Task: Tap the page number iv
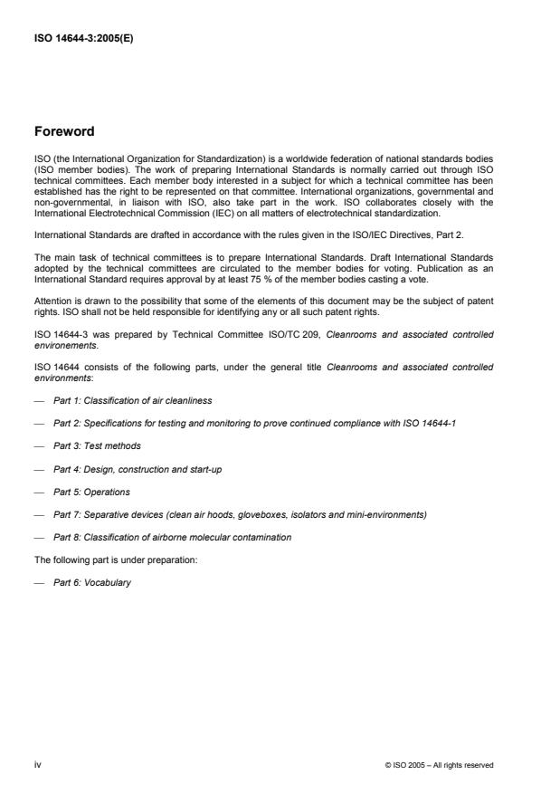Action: [37, 765]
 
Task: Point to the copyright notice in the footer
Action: [439, 766]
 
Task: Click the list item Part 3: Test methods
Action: [97, 445]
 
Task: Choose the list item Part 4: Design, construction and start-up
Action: [132, 470]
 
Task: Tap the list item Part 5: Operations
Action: [91, 493]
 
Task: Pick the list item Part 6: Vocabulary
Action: [92, 582]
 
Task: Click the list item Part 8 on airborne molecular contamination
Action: [172, 537]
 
